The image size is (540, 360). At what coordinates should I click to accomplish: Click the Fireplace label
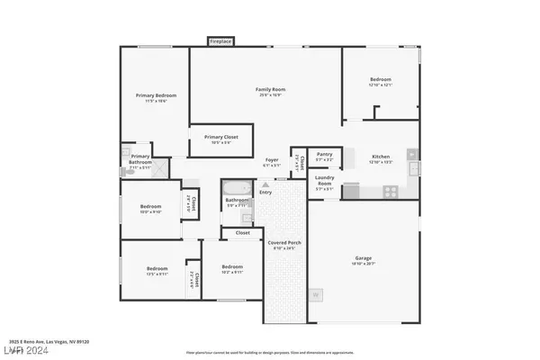(219, 41)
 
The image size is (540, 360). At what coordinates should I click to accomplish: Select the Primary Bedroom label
(156, 95)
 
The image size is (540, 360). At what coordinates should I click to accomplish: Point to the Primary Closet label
(210, 138)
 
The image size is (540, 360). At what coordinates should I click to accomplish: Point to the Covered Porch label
(283, 244)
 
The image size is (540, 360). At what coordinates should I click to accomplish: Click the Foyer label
(272, 160)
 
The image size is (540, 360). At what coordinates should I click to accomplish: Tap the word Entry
(265, 192)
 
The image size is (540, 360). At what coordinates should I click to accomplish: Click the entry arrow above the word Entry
(265, 184)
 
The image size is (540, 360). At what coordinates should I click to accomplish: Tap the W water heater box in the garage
(315, 294)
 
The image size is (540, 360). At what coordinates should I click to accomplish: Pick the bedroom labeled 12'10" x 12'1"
(380, 81)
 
